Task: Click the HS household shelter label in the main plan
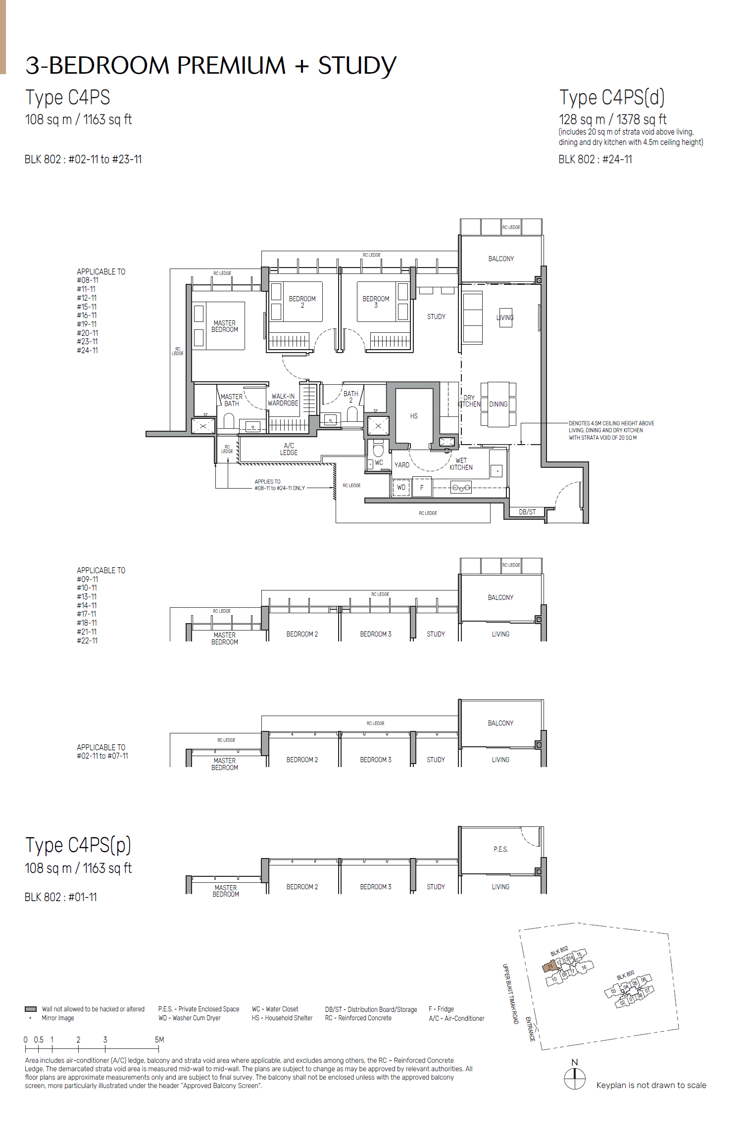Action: coord(414,416)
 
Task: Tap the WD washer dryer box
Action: coord(401,488)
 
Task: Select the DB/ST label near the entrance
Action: coord(527,512)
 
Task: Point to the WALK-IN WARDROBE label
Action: coord(283,400)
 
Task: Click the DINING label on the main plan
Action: coord(498,404)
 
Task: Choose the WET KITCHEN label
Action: coord(461,464)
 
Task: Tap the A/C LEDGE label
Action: coord(289,449)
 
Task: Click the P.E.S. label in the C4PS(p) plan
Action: coord(500,849)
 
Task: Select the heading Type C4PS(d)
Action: coord(612,97)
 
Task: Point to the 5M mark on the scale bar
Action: coord(159,1040)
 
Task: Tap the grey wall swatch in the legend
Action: coord(31,1009)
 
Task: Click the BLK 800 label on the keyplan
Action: coord(625,975)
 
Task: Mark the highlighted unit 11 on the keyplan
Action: coord(549,966)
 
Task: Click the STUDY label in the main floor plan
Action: coord(436,317)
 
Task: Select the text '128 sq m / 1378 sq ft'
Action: coord(612,120)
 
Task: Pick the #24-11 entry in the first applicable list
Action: coord(87,351)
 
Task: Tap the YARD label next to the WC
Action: coord(401,465)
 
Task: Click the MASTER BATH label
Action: coord(231,400)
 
